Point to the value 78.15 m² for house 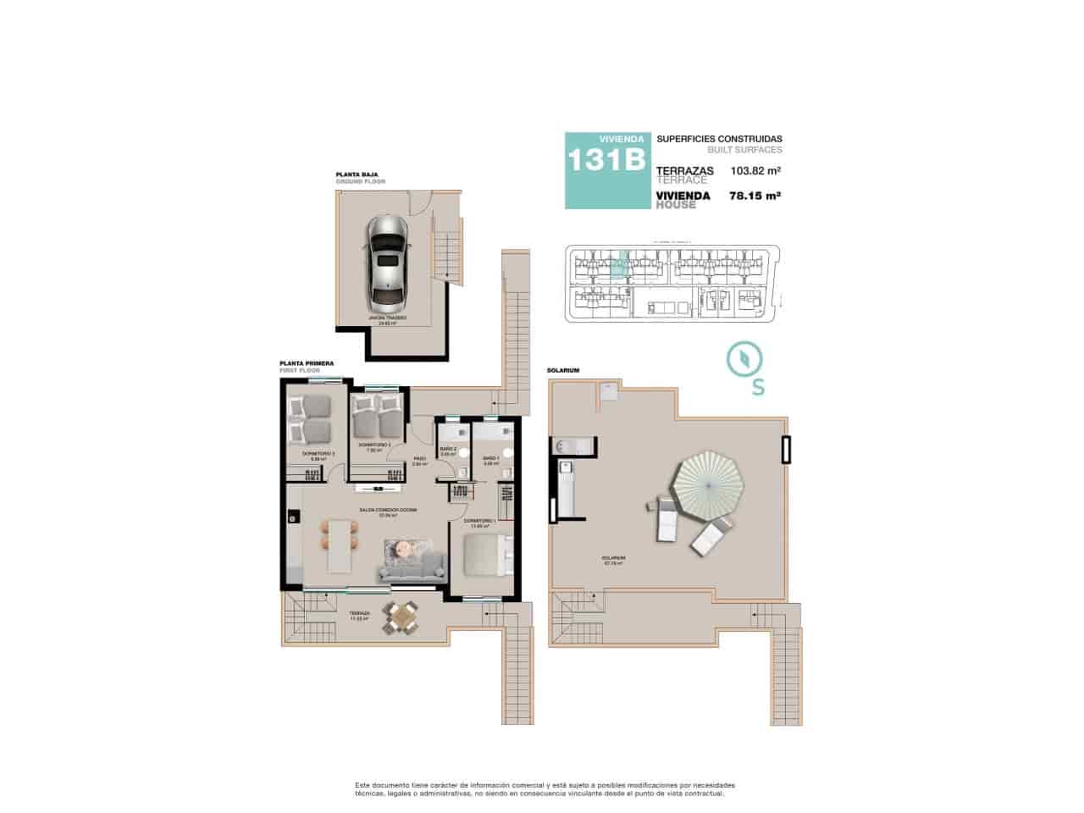[x=755, y=195]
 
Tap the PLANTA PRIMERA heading [x=306, y=363]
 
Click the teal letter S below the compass [x=758, y=388]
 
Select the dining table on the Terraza [x=400, y=617]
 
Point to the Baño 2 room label [x=449, y=451]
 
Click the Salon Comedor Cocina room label [x=388, y=512]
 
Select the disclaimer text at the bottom [x=545, y=788]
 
